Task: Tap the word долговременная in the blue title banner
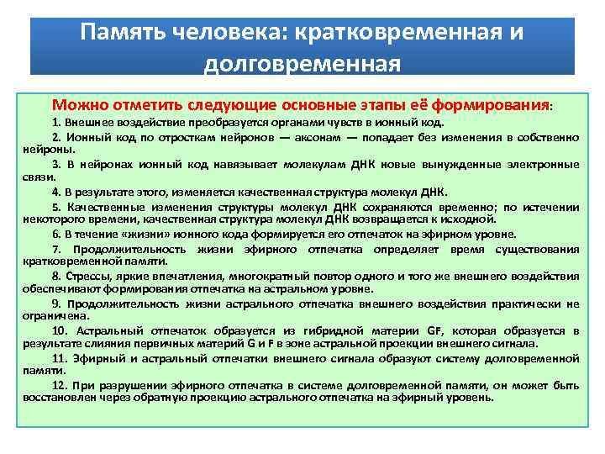click(x=302, y=63)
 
